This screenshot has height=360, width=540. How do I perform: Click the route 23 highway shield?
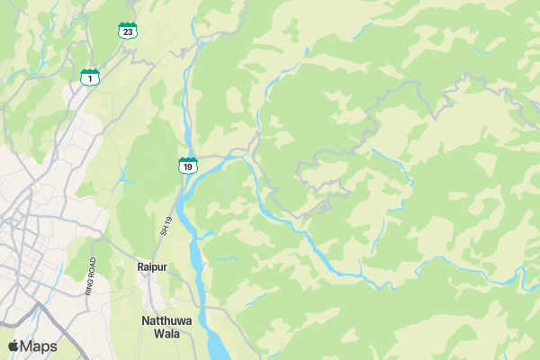128,31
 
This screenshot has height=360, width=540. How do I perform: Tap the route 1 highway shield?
89,77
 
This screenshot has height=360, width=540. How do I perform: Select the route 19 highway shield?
187,166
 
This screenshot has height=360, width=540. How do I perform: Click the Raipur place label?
152,267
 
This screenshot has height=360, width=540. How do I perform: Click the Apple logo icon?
13,346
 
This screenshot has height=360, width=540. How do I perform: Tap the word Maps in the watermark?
40,346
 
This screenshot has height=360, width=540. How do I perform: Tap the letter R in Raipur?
140,267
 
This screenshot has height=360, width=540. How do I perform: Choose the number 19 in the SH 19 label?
166,219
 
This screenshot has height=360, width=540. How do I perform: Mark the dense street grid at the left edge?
18,225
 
